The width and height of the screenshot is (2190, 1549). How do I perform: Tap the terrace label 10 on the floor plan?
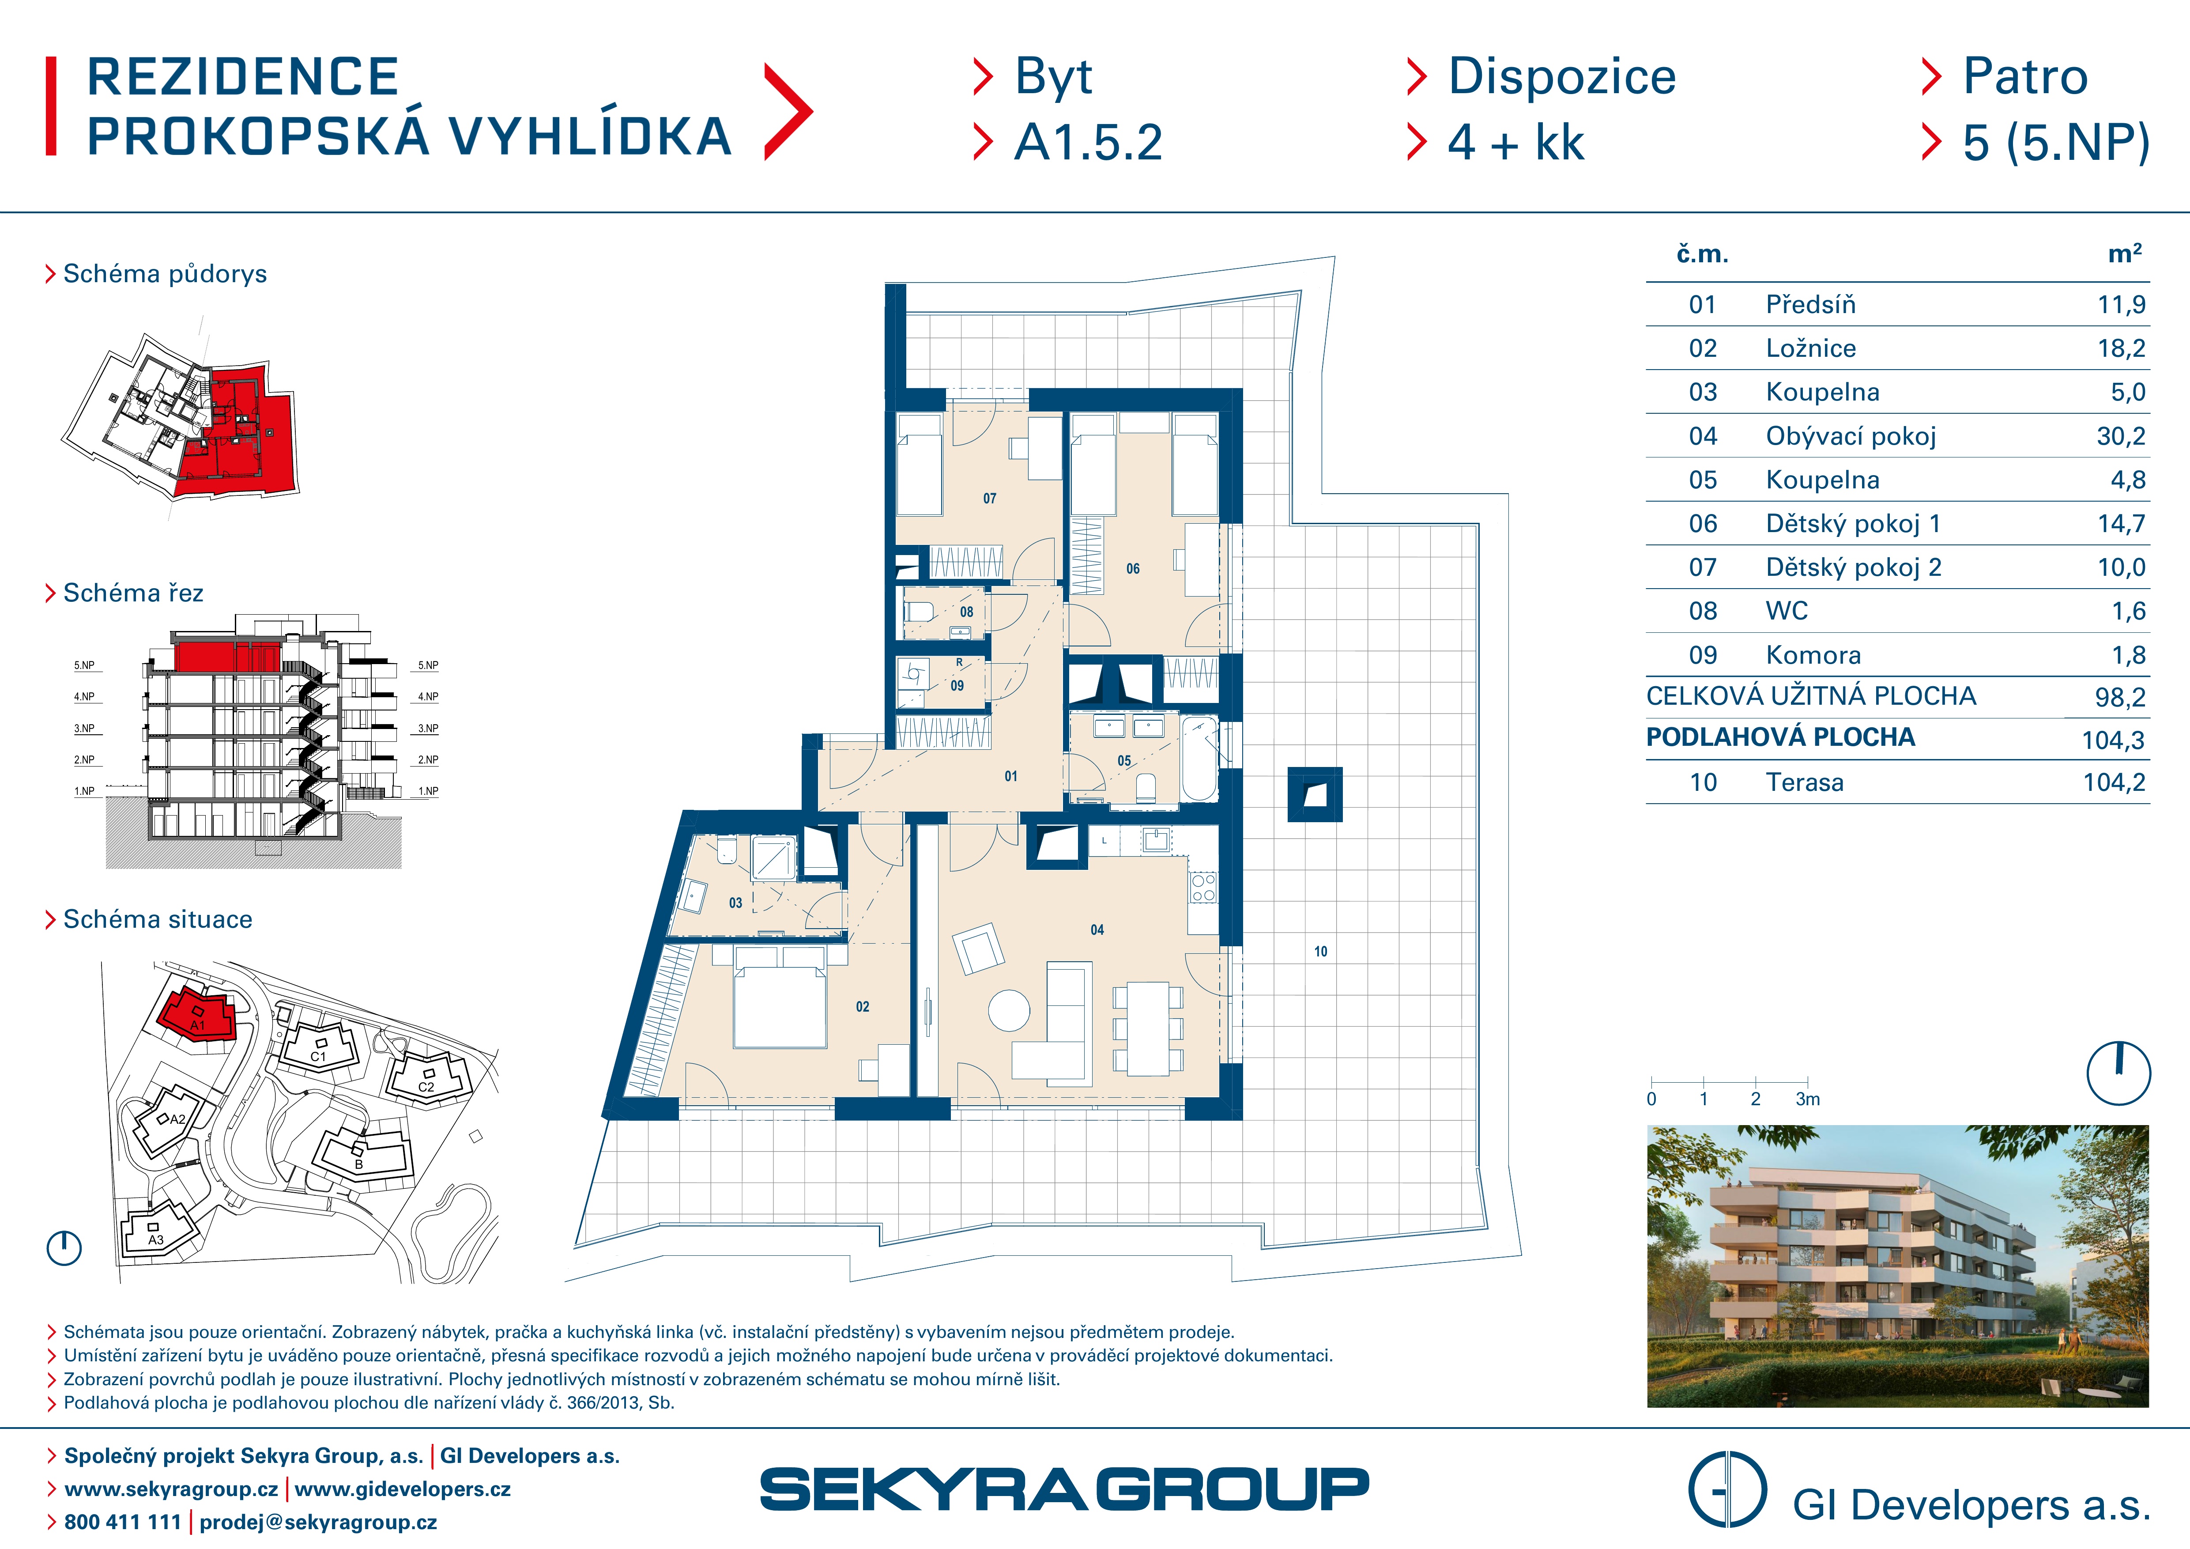pyautogui.click(x=1320, y=951)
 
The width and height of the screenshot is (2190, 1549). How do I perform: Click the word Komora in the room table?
pyautogui.click(x=1813, y=655)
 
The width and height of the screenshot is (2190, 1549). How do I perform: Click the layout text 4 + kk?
pyautogui.click(x=1515, y=143)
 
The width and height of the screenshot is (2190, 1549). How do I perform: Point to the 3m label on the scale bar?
pyautogui.click(x=1808, y=1099)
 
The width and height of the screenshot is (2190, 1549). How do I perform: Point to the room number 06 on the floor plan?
pyautogui.click(x=1132, y=568)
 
